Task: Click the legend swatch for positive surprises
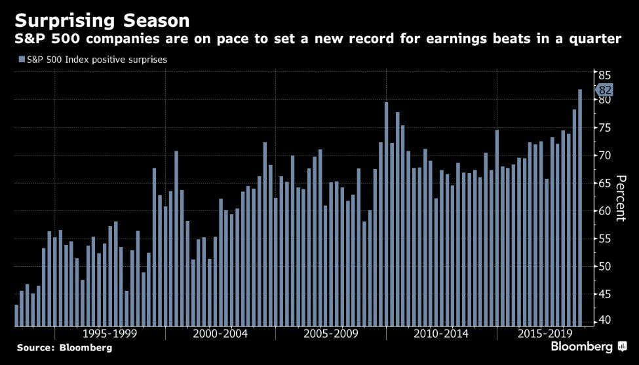(x=22, y=60)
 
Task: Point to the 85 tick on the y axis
(x=604, y=74)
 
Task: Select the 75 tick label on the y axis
(x=604, y=128)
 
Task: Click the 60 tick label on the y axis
(x=604, y=211)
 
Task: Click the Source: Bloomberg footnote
(x=64, y=348)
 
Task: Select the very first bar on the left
(x=16, y=315)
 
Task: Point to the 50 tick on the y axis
(x=604, y=266)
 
